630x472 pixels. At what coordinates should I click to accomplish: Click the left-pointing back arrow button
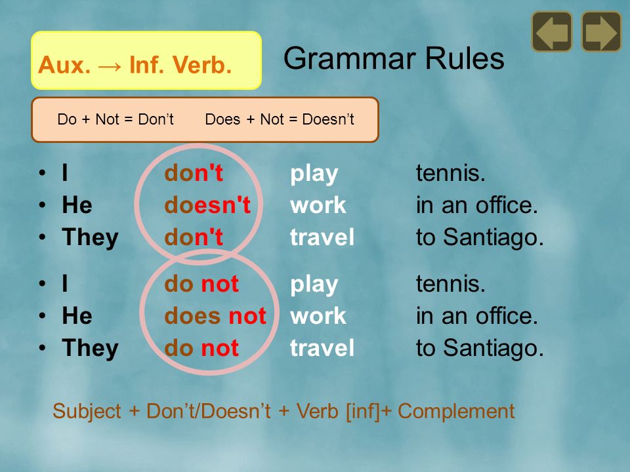(x=552, y=31)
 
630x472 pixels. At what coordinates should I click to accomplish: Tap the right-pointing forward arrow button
(x=602, y=31)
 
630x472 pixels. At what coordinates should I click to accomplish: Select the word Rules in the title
(x=465, y=58)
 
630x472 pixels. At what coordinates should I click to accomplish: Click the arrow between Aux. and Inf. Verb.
(x=110, y=66)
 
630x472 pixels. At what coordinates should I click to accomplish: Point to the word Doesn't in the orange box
(x=328, y=119)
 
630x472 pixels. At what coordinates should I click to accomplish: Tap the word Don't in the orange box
(x=156, y=119)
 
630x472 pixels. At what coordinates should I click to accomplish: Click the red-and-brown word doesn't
(x=207, y=205)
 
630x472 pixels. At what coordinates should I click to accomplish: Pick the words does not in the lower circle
(x=215, y=316)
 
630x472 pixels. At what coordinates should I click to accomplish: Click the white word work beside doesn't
(x=318, y=205)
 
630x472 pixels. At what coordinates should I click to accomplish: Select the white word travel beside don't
(x=322, y=237)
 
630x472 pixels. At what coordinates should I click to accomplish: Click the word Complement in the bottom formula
(x=456, y=411)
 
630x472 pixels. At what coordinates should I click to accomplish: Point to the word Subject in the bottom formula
(x=87, y=411)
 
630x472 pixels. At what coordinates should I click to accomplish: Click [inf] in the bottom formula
(x=363, y=411)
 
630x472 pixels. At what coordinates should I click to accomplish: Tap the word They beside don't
(x=90, y=237)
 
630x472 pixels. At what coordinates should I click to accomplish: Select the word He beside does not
(x=77, y=315)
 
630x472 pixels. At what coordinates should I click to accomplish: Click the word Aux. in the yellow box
(x=64, y=65)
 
